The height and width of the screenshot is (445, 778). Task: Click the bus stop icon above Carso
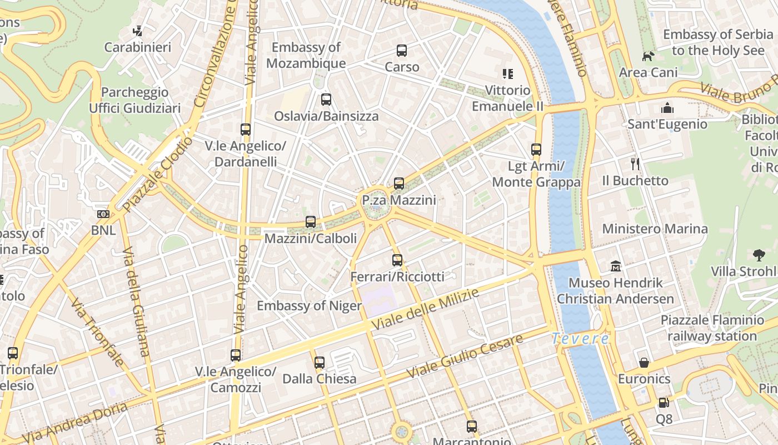tap(402, 51)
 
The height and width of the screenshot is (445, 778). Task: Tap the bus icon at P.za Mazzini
tap(398, 184)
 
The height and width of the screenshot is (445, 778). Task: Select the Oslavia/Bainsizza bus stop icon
tap(326, 100)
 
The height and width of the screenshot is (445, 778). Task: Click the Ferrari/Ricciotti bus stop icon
tap(397, 260)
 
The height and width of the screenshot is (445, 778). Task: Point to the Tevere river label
tap(581, 338)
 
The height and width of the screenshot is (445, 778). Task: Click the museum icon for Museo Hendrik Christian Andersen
tap(615, 266)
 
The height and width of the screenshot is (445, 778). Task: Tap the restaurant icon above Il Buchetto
tap(636, 164)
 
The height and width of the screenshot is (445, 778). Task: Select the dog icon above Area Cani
tap(648, 56)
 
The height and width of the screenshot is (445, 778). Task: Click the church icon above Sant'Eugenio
tap(667, 108)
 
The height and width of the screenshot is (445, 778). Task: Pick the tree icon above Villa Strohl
tap(759, 255)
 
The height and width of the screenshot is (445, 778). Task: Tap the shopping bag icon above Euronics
tap(644, 363)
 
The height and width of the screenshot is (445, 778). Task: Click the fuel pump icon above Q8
tap(664, 403)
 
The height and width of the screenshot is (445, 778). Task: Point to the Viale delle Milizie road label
tap(425, 309)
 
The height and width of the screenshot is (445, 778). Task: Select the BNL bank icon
tap(103, 214)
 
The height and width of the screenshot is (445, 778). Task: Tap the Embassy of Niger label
tap(309, 305)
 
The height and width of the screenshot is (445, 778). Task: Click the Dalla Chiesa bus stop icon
tap(319, 363)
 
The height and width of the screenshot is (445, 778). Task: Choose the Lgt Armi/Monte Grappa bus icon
tap(536, 150)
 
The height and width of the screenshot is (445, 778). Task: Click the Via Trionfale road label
tap(97, 332)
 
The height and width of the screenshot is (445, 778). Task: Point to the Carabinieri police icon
tap(138, 31)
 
